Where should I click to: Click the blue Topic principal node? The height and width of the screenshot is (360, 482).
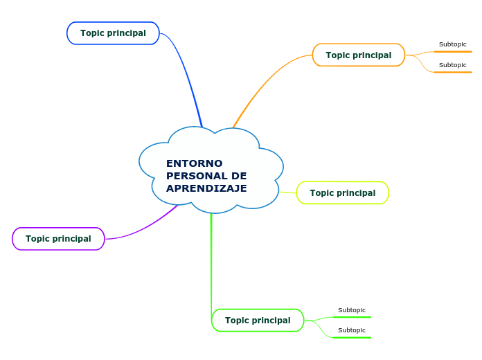113,33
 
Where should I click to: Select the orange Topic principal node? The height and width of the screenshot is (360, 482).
358,55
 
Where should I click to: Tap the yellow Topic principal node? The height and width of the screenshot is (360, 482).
342,193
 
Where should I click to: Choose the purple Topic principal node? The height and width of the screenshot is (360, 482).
58,239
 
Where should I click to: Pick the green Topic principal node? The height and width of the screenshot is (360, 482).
258,321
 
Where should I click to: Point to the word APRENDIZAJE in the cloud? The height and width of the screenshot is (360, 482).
206,188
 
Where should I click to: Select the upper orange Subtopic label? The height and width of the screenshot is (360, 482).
452,44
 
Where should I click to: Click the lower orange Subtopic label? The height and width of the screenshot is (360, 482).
452,65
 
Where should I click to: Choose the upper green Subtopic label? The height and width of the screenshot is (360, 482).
351,310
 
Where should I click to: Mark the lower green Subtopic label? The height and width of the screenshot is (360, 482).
351,330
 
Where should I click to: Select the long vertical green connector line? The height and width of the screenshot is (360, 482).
211,263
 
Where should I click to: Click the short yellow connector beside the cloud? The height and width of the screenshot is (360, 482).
288,192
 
